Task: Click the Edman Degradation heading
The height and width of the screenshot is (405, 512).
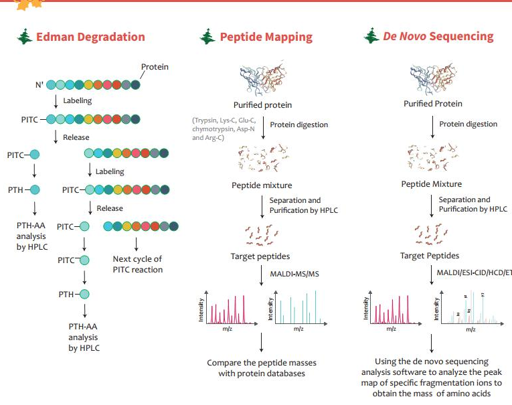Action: tap(90, 37)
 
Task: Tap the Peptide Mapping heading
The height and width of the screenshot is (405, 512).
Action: tap(266, 37)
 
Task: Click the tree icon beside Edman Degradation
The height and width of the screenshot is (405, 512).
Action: tap(25, 37)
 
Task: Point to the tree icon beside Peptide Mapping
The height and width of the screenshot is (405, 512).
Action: tap(207, 37)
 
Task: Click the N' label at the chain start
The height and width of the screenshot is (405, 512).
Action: tap(39, 85)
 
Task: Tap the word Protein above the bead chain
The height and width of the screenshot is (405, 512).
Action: tap(155, 67)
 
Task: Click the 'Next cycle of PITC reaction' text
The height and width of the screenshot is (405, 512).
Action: tap(137, 264)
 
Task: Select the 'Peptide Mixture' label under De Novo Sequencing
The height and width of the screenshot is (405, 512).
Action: tap(432, 184)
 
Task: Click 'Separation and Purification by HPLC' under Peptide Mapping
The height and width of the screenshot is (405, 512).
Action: tap(303, 206)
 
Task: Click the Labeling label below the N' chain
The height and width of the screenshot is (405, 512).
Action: tap(77, 101)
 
